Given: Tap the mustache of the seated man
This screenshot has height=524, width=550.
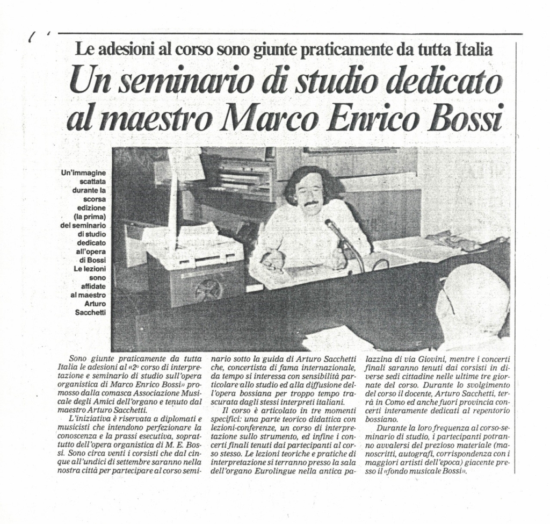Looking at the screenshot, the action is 312,204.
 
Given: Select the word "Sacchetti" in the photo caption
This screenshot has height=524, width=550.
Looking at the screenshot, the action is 91,312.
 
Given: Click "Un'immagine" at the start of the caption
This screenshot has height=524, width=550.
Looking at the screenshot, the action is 84,172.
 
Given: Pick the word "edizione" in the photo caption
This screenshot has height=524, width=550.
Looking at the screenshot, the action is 91,207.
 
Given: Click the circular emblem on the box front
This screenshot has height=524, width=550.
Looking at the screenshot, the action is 207,290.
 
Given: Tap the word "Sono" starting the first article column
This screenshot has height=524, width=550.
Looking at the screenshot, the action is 79,358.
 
